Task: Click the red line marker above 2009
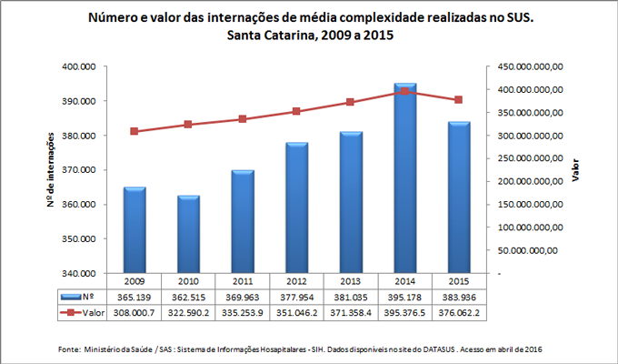[135, 131]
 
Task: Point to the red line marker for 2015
[459, 100]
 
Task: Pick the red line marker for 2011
[243, 119]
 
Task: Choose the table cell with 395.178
[405, 297]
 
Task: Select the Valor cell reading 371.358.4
[351, 311]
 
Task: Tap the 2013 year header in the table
[351, 282]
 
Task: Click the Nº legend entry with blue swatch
[77, 297]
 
